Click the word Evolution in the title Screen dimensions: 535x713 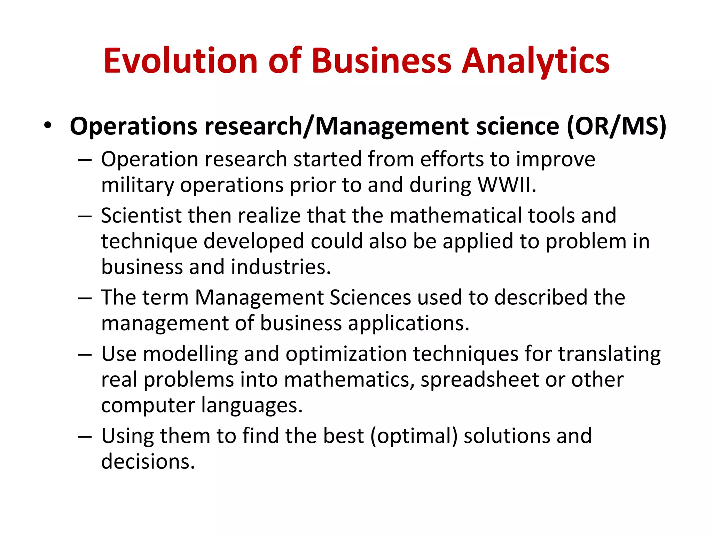pyautogui.click(x=180, y=61)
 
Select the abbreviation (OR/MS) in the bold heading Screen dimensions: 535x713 pyautogui.click(x=617, y=126)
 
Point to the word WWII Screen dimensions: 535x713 pyautogui.click(x=507, y=185)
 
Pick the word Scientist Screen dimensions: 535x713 pyautogui.click(x=141, y=216)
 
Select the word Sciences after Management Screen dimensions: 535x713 pyautogui.click(x=370, y=298)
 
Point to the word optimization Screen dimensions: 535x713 pyautogui.click(x=346, y=354)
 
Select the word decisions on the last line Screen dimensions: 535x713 pyautogui.click(x=148, y=462)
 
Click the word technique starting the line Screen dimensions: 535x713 pyautogui.click(x=149, y=242)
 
